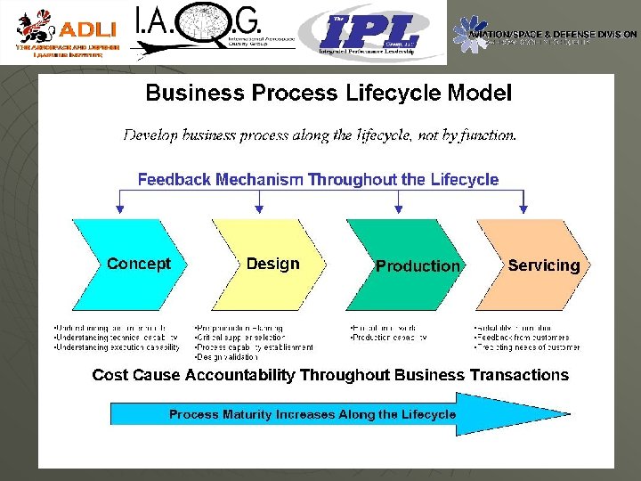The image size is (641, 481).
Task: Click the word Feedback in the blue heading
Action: tap(174, 180)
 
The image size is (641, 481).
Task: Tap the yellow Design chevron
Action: tap(272, 264)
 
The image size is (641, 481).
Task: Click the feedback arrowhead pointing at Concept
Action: tap(121, 209)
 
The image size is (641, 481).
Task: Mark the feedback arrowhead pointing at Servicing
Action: tap(523, 209)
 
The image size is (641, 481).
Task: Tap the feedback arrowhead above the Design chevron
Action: tap(259, 209)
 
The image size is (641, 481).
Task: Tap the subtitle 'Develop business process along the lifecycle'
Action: tap(320, 135)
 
